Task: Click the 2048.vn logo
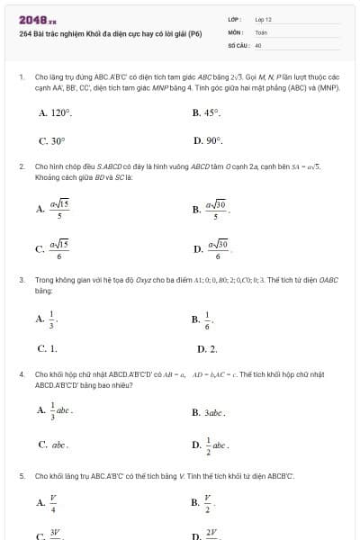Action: point(37,19)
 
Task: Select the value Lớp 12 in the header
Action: point(263,19)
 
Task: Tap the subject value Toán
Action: point(261,31)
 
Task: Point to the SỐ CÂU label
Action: point(238,44)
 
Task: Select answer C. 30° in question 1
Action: point(51,141)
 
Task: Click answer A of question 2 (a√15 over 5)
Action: point(54,209)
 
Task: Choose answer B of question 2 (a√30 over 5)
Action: point(210,209)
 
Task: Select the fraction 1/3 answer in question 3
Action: point(48,319)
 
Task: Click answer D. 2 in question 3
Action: point(206,347)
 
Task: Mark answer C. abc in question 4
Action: point(53,444)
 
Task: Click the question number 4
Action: point(21,373)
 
